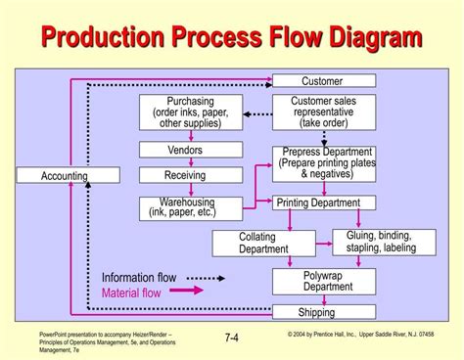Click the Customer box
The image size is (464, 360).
point(322,80)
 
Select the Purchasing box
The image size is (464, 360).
point(191,112)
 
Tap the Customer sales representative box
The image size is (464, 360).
point(322,112)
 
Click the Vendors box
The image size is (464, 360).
point(190,150)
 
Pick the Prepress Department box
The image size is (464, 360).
point(326,162)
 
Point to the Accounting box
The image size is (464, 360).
point(65,176)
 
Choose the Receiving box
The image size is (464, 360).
point(190,175)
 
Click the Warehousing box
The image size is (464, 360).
point(190,207)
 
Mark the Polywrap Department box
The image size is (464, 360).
point(323,282)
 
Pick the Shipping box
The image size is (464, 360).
point(316,312)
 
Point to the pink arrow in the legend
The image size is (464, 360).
point(188,291)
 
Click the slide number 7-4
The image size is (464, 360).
point(233,338)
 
